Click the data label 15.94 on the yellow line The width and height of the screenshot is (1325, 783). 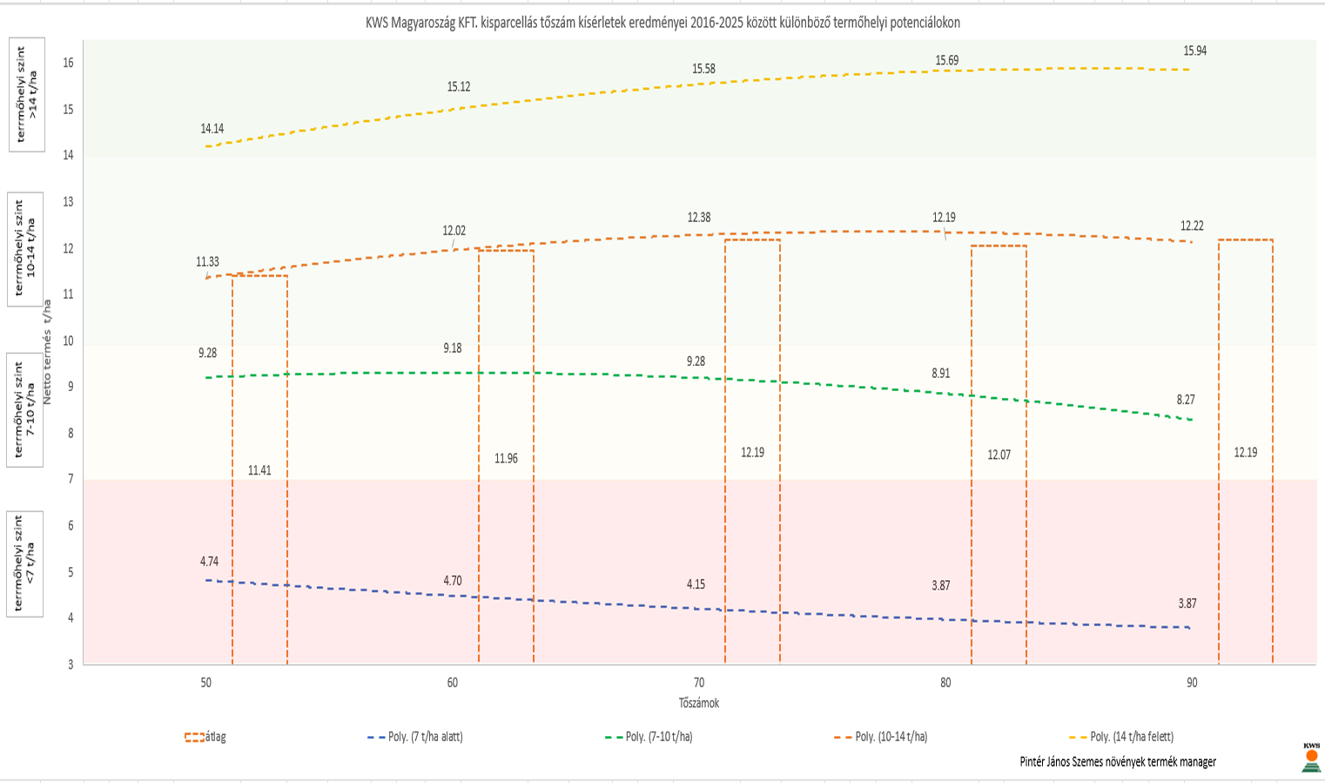coord(1194,51)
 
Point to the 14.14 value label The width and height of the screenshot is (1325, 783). coord(212,129)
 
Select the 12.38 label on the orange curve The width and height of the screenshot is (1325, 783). coord(698,218)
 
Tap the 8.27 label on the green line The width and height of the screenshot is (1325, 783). coord(1186,400)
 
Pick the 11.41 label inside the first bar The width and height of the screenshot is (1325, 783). coord(259,470)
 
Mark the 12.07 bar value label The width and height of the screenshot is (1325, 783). coord(999,455)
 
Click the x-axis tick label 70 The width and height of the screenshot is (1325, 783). coord(699,683)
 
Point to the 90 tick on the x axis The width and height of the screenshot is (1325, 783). coord(1192,683)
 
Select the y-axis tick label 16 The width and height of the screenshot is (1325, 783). coord(68,63)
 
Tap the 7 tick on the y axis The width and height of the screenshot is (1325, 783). coord(70,479)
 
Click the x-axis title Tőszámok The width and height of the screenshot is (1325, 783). coord(699,703)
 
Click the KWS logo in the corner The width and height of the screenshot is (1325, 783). coord(1311,757)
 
